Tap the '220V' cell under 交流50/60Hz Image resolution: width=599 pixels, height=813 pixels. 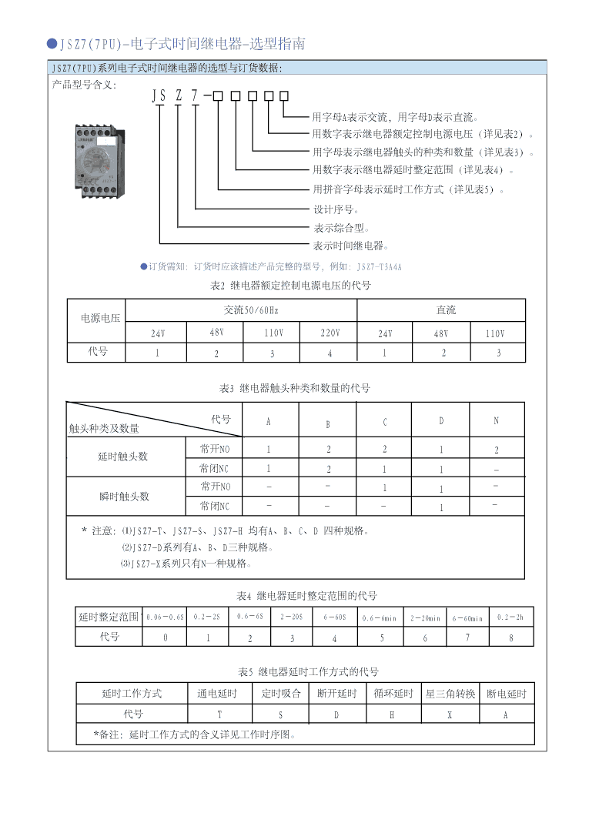[330, 333]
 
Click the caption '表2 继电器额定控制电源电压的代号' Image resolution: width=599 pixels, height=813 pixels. [290, 286]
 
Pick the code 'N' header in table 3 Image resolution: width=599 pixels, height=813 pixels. [496, 422]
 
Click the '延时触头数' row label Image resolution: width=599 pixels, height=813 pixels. [122, 457]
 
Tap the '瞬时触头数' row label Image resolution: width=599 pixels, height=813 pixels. [124, 497]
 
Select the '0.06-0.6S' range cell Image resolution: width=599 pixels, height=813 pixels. [166, 617]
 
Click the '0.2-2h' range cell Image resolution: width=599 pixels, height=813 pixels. [510, 617]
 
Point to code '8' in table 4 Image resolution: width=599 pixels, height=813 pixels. [510, 637]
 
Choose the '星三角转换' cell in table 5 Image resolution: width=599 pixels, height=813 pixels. [450, 694]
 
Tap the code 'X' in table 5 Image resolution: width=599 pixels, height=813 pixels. [450, 714]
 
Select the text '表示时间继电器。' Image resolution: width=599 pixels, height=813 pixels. [350, 246]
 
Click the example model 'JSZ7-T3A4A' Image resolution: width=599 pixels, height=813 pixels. [380, 266]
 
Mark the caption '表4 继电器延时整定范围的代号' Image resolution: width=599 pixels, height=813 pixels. [307, 596]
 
